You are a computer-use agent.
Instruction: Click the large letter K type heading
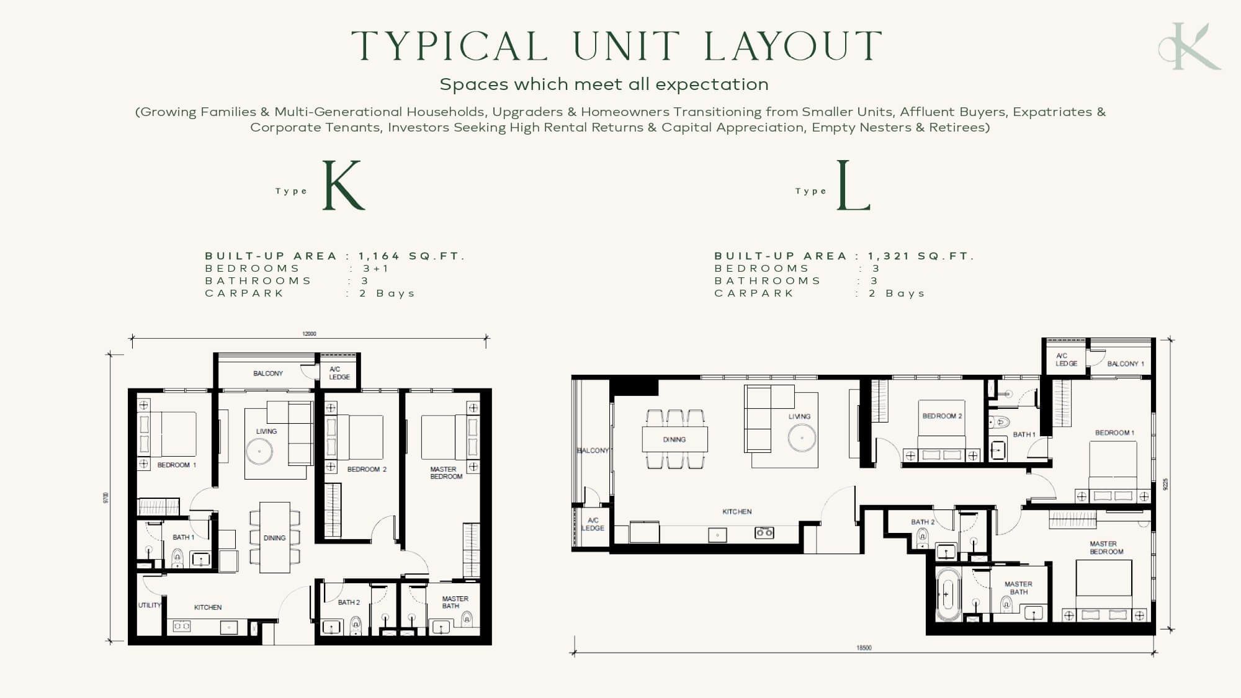(x=344, y=185)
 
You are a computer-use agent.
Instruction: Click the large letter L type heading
(x=853, y=185)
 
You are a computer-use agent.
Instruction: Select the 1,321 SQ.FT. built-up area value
(x=921, y=256)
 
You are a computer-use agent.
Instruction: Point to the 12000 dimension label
(x=309, y=334)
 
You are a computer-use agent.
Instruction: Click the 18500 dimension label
(x=864, y=648)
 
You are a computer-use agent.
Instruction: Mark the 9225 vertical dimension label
(x=1165, y=483)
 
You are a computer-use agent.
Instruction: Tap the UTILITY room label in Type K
(x=150, y=605)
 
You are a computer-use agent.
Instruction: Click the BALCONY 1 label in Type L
(x=1126, y=364)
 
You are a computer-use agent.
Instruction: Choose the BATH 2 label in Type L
(x=923, y=522)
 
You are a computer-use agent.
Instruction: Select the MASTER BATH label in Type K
(x=455, y=602)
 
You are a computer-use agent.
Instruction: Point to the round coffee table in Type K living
(x=259, y=452)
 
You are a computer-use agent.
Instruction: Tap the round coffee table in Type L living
(x=802, y=438)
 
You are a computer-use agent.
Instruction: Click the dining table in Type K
(x=275, y=537)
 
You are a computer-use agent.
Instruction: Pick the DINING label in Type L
(x=674, y=439)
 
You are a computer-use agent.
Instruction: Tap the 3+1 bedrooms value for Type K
(x=376, y=269)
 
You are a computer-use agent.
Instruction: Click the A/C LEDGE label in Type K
(x=339, y=373)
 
